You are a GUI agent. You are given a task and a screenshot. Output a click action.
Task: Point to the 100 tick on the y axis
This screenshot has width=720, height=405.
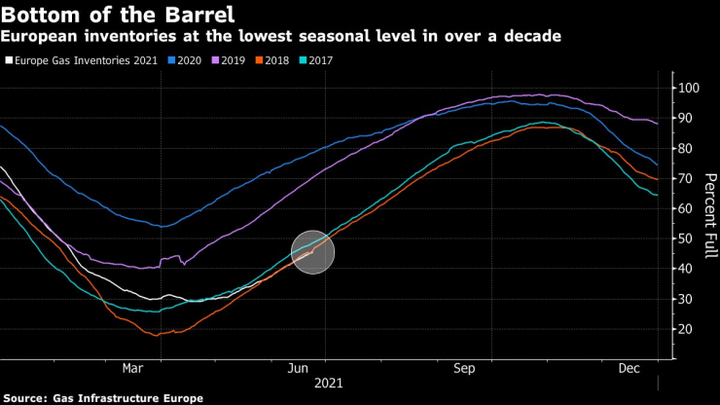point(691,88)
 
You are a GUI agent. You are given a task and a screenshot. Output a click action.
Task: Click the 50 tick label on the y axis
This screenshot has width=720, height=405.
point(688,239)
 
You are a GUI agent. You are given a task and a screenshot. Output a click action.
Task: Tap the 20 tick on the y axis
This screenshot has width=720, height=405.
point(688,329)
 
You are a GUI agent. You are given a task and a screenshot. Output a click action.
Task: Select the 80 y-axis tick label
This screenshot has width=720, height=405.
point(688,148)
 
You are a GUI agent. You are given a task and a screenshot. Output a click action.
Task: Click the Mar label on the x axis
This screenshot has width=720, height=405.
point(133,368)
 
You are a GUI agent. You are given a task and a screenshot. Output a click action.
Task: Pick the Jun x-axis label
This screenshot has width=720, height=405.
point(299,368)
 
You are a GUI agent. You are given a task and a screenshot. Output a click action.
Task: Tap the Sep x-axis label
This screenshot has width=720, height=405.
point(464,368)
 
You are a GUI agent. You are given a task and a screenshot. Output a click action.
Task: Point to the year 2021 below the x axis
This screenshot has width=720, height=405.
point(330,384)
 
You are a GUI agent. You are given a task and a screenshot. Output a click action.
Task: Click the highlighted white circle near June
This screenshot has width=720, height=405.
point(312,252)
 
